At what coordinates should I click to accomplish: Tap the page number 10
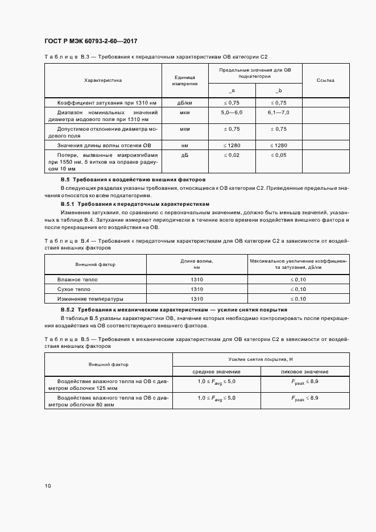point(47,486)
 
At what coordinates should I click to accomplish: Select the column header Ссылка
point(325,80)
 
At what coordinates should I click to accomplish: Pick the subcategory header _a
point(232,91)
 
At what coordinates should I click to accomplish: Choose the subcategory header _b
point(279,91)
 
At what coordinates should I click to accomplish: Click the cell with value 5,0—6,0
point(232,113)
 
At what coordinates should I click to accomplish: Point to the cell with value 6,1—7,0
point(279,113)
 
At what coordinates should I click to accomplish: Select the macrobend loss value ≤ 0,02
point(232,155)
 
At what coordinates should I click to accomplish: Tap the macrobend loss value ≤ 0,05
point(279,155)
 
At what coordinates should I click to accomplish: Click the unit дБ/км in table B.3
point(185,102)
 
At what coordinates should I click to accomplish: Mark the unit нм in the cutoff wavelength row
point(185,146)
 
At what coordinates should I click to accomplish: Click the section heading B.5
point(133,180)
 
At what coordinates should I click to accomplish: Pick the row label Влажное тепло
point(77,280)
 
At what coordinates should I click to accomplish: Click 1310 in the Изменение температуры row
point(197,298)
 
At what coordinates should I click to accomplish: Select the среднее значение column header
point(216,371)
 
